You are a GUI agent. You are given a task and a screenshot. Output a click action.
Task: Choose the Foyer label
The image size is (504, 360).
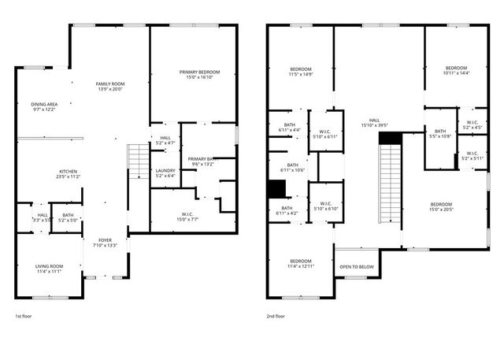[106, 242]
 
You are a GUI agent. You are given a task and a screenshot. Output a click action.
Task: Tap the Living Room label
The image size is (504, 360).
[49, 269]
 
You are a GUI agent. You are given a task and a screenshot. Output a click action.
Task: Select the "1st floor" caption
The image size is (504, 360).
[24, 316]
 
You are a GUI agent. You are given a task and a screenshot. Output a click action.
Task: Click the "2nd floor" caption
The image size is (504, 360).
[276, 316]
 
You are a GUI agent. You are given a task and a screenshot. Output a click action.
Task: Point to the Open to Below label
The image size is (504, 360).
[356, 267]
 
